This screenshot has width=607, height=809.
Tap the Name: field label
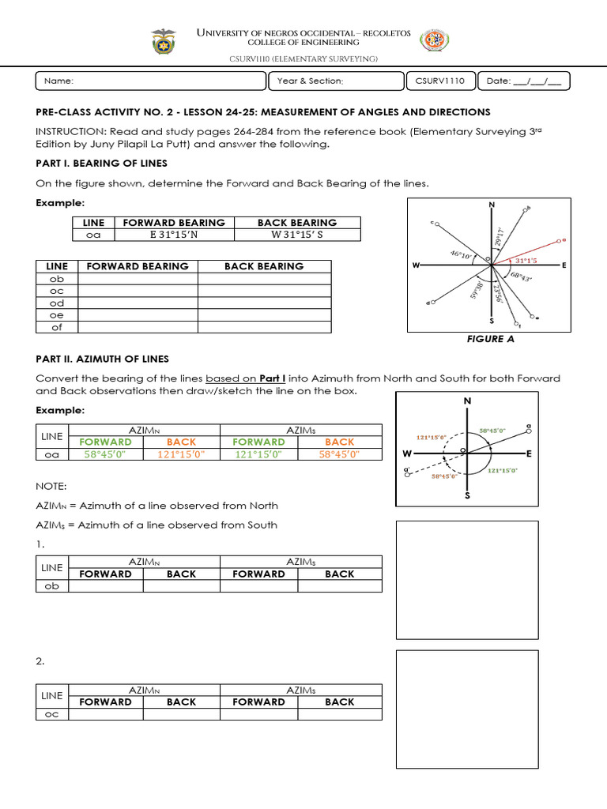point(59,81)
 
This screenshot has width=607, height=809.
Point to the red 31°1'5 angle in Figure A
point(526,260)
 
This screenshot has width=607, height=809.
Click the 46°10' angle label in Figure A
point(461,254)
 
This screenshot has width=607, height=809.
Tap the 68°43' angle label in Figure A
point(521,277)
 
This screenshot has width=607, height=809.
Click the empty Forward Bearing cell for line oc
point(138,291)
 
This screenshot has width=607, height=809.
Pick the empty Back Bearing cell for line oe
point(265,315)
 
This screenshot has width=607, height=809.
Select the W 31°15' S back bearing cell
point(296,235)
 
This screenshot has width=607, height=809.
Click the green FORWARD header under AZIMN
point(106,442)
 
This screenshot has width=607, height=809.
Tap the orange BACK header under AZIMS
point(340,442)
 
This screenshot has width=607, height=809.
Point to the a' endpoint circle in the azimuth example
point(408,468)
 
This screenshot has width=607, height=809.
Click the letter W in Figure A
point(415,266)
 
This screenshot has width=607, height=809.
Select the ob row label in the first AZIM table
point(53,586)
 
